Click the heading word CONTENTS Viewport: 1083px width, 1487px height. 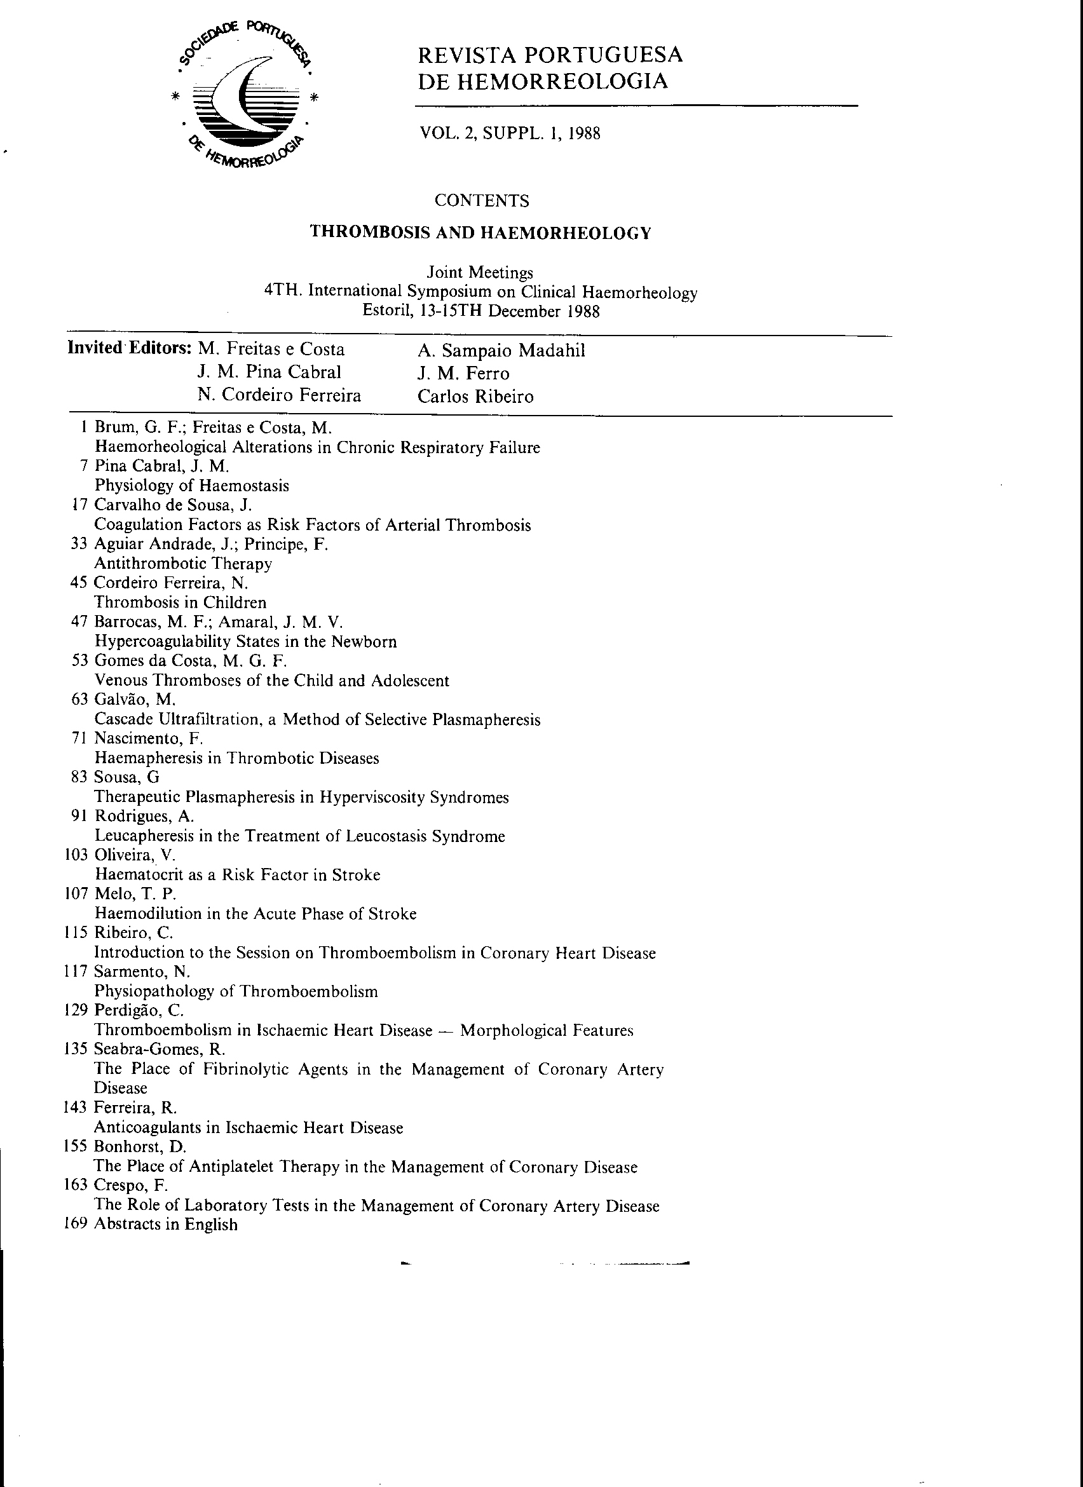(x=482, y=201)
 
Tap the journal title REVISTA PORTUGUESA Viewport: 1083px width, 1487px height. (x=550, y=55)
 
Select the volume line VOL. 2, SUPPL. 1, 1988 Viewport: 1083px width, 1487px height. (x=510, y=133)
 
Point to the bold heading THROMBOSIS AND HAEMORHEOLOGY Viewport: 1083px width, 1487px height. (x=480, y=233)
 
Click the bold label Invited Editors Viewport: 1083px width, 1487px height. (x=129, y=348)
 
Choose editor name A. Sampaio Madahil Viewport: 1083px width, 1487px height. (x=501, y=351)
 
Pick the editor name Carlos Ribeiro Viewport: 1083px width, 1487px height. (x=475, y=397)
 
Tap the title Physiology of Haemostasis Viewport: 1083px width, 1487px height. (x=191, y=486)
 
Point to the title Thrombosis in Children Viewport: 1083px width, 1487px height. (x=180, y=602)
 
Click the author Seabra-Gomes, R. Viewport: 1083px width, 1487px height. (x=160, y=1049)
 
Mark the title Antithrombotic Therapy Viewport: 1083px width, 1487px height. (x=183, y=564)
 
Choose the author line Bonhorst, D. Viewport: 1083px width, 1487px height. (x=140, y=1147)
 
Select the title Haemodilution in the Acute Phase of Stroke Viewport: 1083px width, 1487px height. (x=255, y=913)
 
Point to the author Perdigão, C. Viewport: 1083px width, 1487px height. (x=139, y=1010)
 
